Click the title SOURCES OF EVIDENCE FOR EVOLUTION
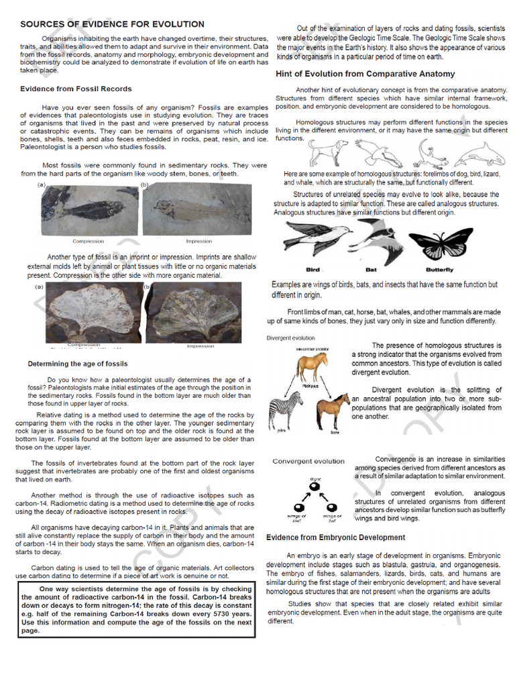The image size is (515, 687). pos(112,24)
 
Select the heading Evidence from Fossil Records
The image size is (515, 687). pos(76,89)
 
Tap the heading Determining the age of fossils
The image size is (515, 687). pos(77,364)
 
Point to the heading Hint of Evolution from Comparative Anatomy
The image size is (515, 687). pos(365,74)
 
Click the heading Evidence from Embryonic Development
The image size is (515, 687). pos(335,537)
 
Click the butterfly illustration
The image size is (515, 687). pos(440,242)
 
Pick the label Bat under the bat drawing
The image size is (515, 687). pos(371,270)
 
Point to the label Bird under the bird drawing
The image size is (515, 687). pos(312,270)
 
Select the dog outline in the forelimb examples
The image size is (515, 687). pos(329,153)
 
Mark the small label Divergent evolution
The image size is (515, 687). pos(290,338)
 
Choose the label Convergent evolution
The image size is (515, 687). pos(308,461)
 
